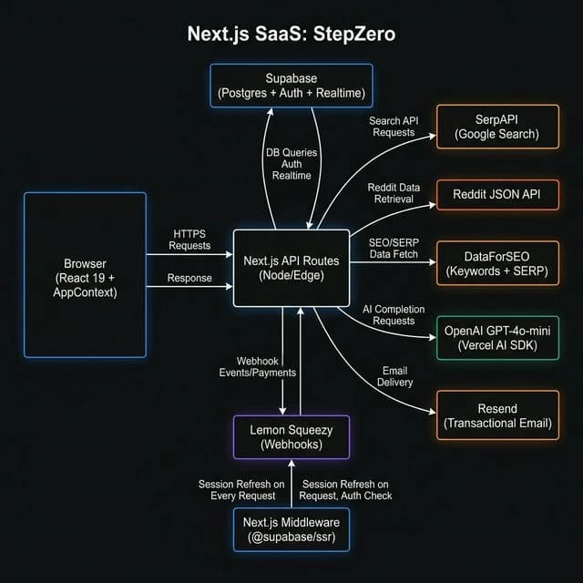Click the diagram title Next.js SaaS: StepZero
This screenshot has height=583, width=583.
[291, 36]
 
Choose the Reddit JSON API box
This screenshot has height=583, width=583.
[497, 195]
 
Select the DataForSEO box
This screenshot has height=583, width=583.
[497, 262]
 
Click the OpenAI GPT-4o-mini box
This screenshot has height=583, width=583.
[497, 337]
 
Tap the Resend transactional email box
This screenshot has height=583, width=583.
[497, 415]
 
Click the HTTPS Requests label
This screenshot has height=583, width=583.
[190, 240]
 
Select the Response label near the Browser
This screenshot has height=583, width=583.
[190, 278]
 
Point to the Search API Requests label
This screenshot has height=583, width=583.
[392, 127]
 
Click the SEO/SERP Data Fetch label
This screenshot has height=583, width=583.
[394, 249]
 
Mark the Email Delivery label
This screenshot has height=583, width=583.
[395, 376]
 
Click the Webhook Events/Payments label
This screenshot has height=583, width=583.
[258, 367]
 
